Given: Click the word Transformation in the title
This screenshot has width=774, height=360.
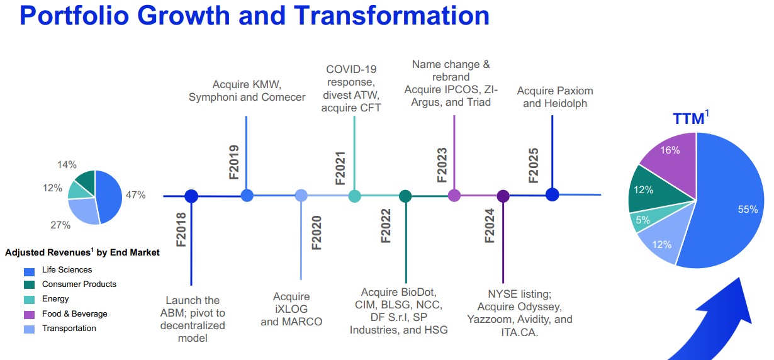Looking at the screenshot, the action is coord(391,16).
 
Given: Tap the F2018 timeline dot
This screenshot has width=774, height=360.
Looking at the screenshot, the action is coord(191,196).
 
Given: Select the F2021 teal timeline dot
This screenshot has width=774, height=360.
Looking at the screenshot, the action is coord(354,196).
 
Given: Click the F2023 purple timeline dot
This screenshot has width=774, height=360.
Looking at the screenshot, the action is coord(454,196).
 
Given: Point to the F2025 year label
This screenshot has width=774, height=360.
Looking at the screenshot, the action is coord(534,166).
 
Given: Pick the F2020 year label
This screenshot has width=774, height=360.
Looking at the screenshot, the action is coord(317,232).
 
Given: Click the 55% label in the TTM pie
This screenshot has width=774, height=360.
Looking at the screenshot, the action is coord(748,210).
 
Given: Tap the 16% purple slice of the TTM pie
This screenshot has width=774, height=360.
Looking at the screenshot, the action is coord(670,155).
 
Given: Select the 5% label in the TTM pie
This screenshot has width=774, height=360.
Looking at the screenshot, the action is coord(642,220).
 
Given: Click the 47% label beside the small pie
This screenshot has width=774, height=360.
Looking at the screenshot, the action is coord(135,195).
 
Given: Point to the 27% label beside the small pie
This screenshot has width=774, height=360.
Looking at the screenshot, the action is coord(60,225).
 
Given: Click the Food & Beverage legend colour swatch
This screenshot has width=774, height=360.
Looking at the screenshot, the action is coord(30,315).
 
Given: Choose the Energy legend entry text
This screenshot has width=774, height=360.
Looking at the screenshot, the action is coord(55,298).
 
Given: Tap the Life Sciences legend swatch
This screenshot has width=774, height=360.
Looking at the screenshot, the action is coord(30,272).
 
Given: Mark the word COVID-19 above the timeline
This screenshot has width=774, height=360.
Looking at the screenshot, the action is coord(351,69).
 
